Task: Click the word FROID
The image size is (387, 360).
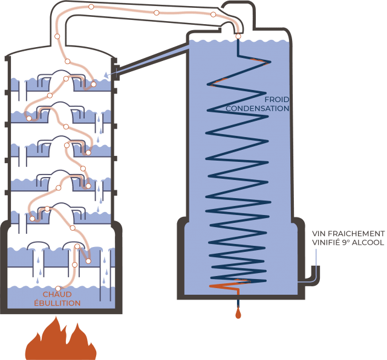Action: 276,100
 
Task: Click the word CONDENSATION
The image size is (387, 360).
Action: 258,109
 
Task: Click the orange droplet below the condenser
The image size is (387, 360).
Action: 238,313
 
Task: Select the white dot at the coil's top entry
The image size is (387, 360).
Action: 238,37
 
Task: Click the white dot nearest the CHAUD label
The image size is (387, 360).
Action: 59,288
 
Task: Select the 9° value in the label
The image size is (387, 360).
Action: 348,242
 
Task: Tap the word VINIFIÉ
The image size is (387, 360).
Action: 327,242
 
